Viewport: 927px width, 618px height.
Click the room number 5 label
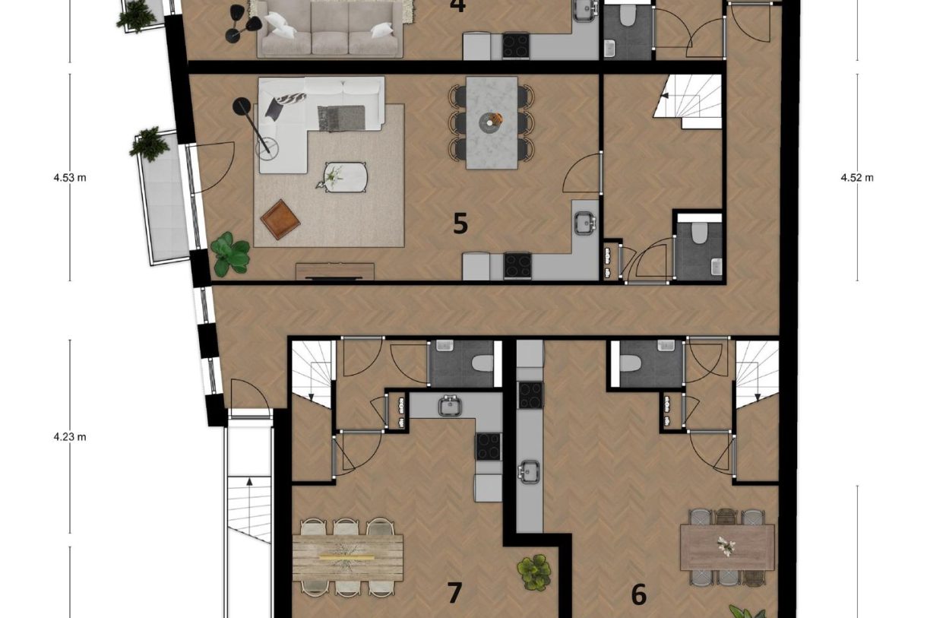pos(460,223)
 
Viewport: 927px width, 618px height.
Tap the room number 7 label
pos(454,593)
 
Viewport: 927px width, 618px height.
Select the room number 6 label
pos(638,594)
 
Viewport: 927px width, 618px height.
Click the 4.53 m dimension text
pos(70,178)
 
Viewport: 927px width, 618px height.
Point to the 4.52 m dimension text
pos(857,178)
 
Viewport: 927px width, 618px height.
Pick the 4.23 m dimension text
pos(70,437)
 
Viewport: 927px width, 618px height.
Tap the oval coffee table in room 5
pos(346,177)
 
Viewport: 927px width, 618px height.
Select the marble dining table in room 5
pos(492,122)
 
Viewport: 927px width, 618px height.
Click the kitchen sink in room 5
pos(584,223)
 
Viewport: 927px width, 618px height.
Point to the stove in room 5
pos(517,265)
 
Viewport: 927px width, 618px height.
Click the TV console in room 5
pos(335,271)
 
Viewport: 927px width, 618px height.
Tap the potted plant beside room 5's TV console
pos(230,254)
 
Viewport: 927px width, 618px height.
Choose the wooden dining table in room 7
pos(347,557)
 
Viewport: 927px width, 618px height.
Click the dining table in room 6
pos(727,547)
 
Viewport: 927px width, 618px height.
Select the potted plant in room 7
pos(535,572)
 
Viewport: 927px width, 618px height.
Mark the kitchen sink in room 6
pos(530,471)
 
